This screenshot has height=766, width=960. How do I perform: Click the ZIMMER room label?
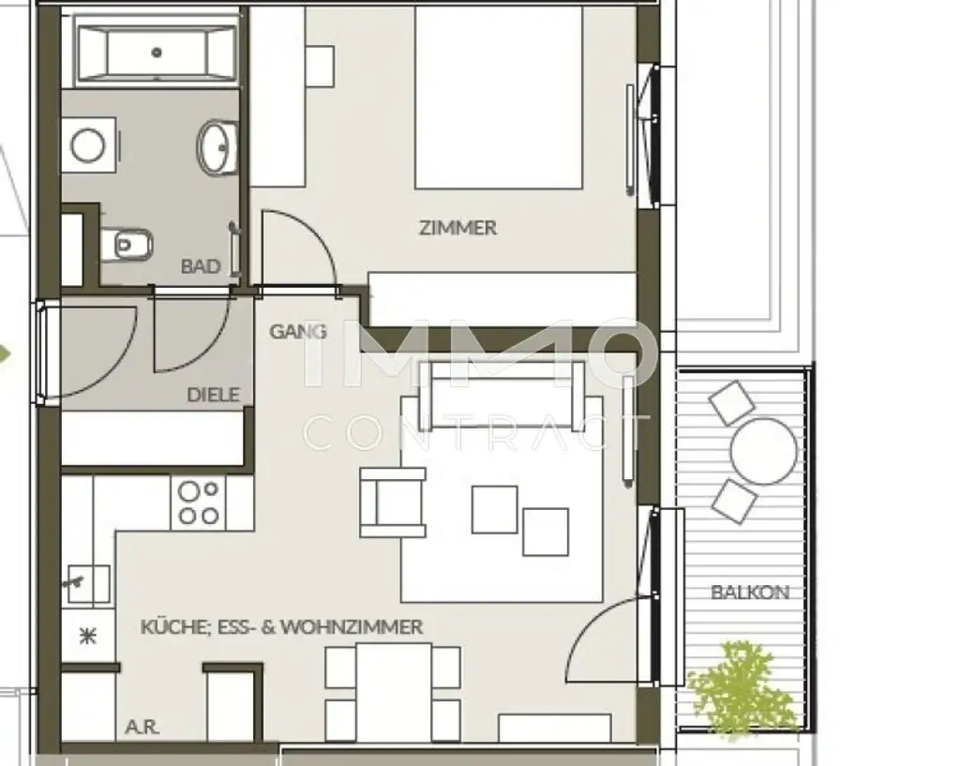click(457, 228)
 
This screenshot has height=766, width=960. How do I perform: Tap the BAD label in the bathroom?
click(201, 267)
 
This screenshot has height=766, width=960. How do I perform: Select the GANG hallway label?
click(298, 331)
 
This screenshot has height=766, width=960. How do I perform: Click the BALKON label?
click(749, 593)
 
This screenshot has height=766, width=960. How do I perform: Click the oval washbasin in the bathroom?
click(218, 146)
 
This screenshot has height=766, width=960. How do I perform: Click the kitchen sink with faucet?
click(86, 583)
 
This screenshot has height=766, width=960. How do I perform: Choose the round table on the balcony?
click(763, 451)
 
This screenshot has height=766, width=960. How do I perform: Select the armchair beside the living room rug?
click(392, 503)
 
